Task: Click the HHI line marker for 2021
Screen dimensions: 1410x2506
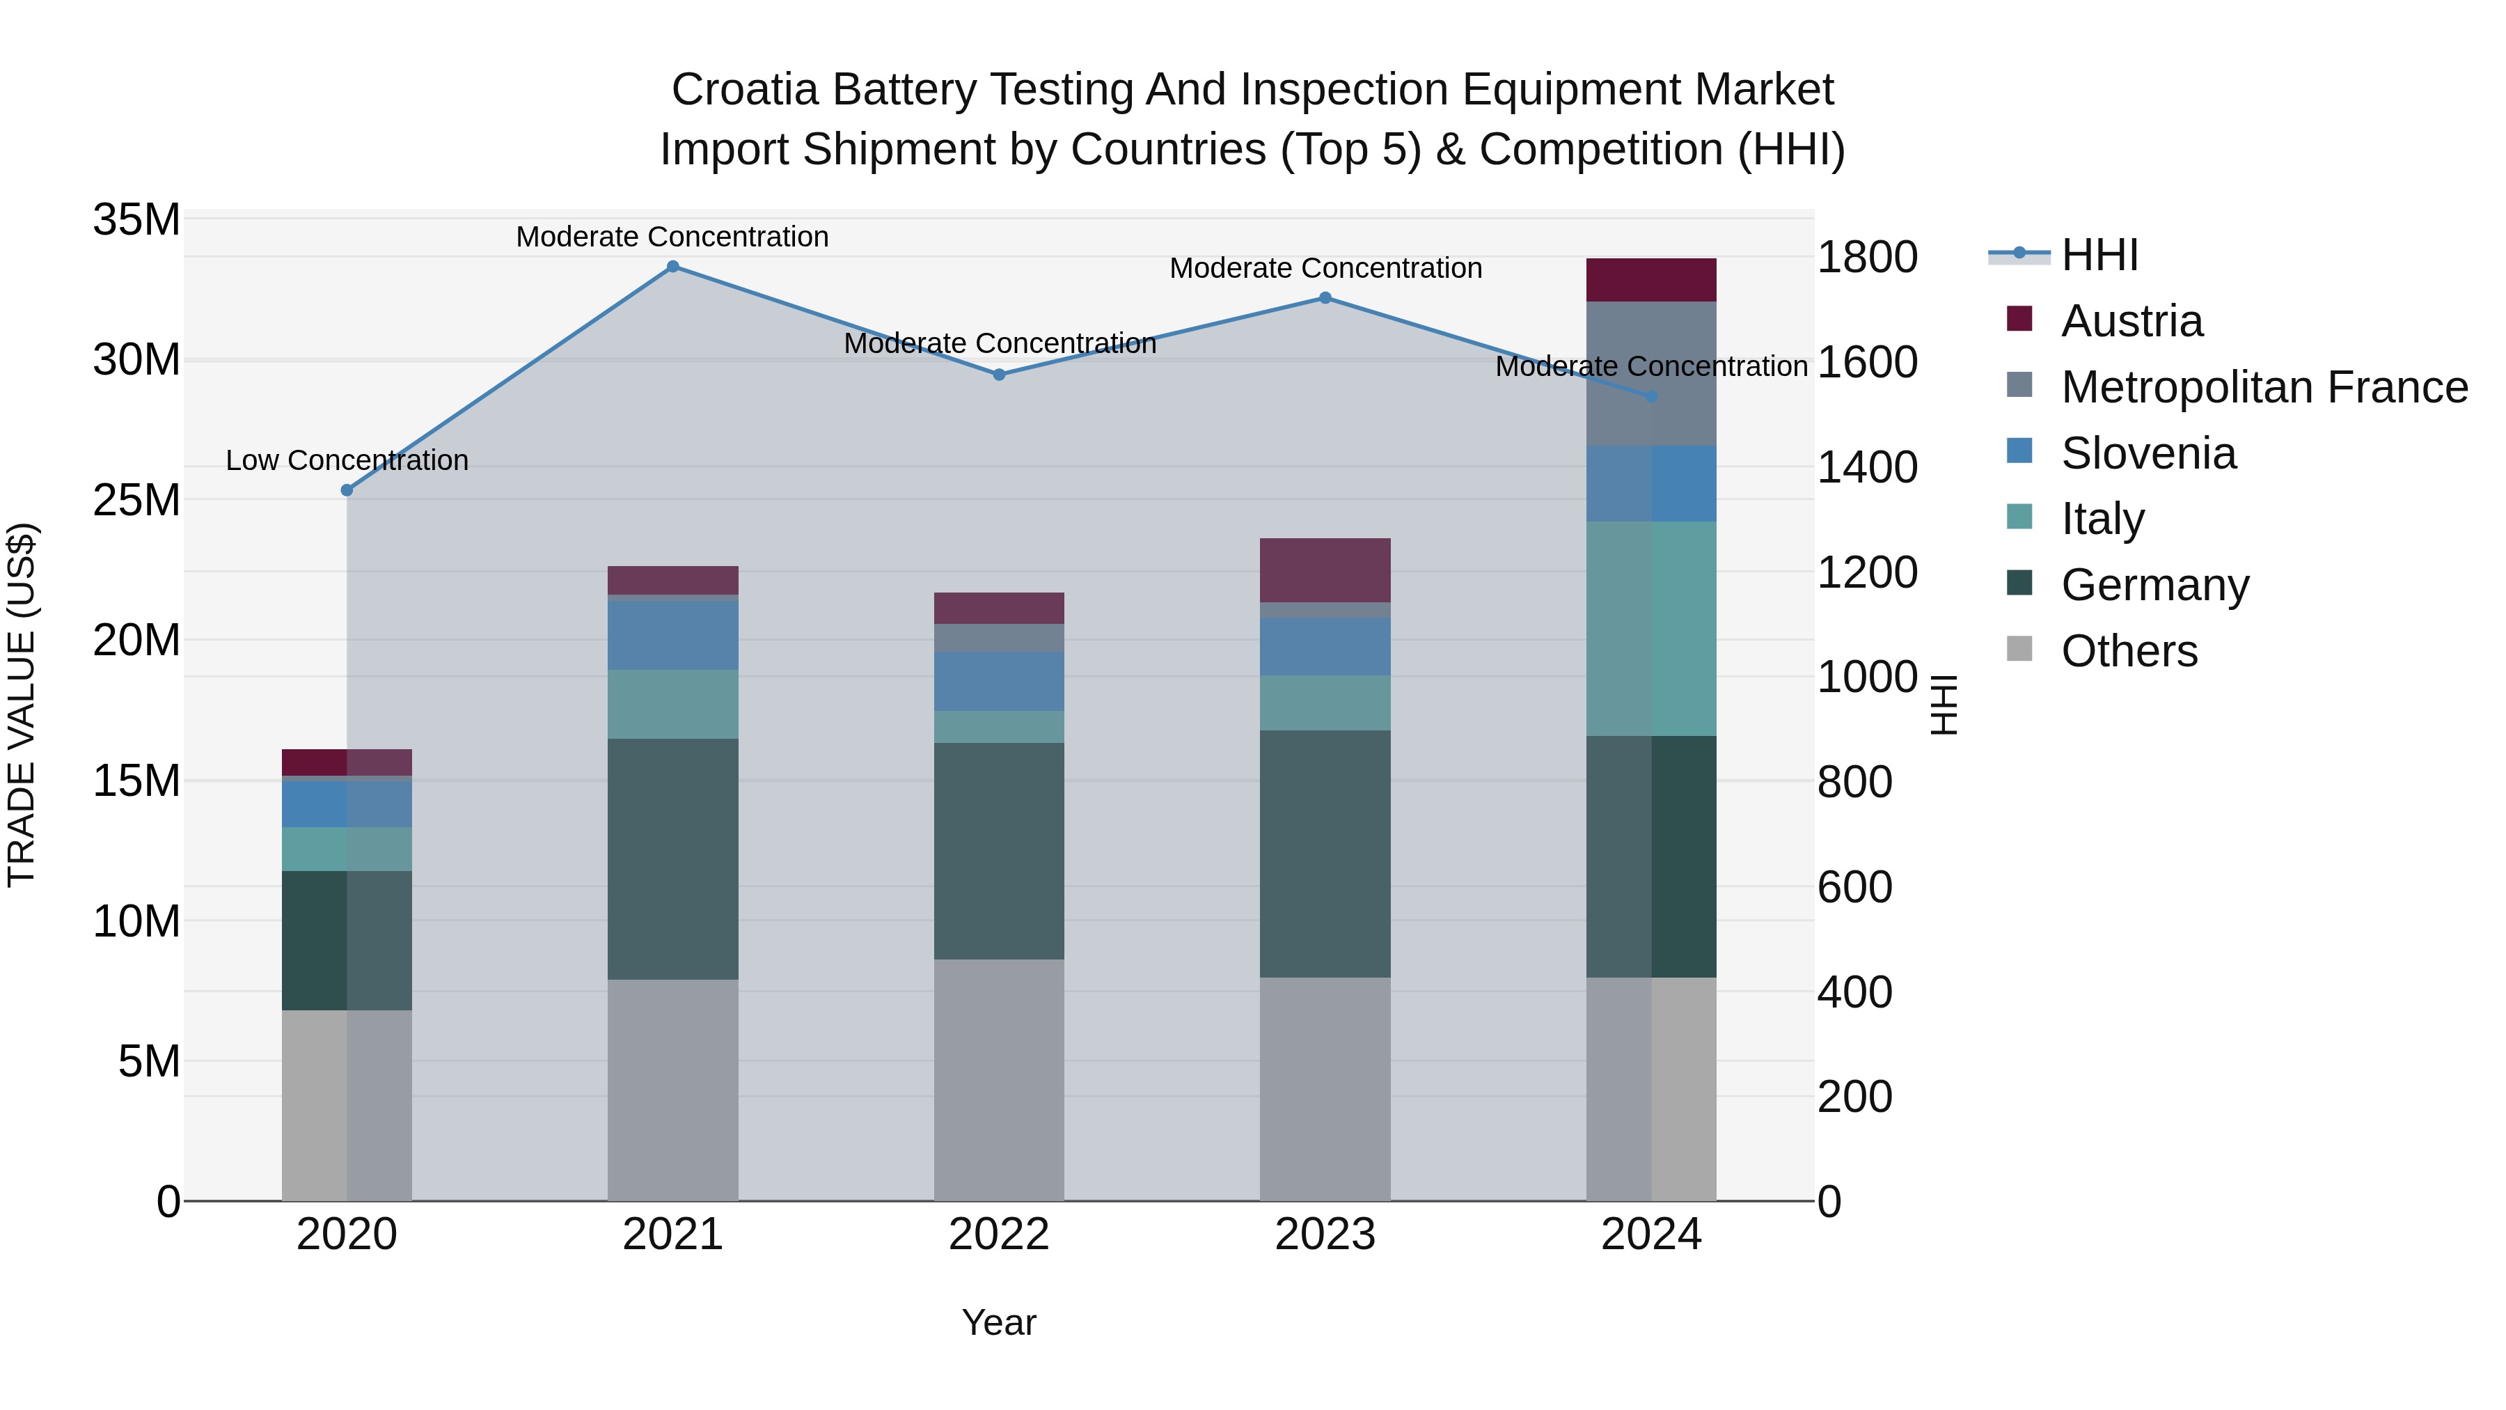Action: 672,267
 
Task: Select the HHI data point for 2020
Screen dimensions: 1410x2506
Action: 347,490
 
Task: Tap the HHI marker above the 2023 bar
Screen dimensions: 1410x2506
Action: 1325,298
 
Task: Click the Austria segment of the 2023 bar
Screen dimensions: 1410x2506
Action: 1325,570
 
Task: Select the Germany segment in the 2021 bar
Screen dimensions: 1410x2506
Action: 672,859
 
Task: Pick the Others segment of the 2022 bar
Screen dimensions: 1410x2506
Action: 999,1080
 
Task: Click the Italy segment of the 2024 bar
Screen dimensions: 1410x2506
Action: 1651,629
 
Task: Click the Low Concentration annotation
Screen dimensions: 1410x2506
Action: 347,460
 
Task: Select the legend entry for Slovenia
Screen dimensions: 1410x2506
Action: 2148,453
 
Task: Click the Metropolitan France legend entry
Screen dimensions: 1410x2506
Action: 2263,387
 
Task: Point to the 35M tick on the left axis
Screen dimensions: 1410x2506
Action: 136,220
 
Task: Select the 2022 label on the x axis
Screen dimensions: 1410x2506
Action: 999,1235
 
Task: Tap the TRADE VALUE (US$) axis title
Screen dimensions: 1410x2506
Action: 22,705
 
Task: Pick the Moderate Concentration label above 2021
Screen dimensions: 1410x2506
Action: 672,237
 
